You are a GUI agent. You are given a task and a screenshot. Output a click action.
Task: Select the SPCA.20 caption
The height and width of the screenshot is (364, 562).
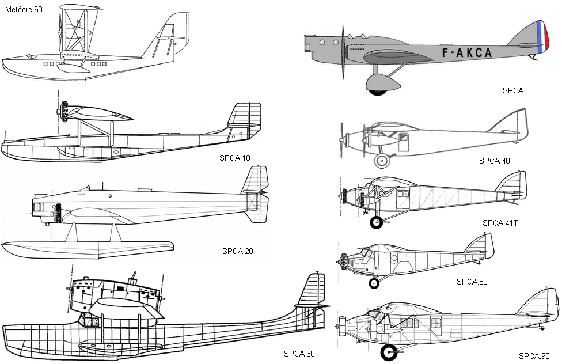click(238, 251)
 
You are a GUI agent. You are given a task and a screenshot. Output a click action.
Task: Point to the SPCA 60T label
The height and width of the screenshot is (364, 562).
click(301, 353)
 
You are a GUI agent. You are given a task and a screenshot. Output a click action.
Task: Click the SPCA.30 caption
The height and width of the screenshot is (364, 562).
click(518, 90)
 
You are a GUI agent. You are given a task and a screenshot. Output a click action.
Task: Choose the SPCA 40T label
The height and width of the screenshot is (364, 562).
click(496, 161)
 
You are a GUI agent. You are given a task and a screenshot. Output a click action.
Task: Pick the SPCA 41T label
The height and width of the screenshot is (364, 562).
click(500, 223)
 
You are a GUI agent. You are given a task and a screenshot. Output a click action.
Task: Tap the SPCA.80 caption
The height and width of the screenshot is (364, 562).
click(472, 282)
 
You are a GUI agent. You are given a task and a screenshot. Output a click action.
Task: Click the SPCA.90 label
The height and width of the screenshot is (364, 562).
click(534, 355)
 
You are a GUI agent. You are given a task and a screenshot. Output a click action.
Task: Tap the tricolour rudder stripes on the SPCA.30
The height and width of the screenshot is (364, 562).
click(540, 37)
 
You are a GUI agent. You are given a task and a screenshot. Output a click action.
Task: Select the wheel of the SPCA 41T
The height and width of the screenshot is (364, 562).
click(377, 222)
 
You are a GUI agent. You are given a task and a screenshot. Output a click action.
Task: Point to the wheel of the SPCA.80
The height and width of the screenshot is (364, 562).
click(374, 283)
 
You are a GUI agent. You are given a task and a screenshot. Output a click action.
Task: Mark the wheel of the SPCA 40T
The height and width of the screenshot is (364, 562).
click(381, 161)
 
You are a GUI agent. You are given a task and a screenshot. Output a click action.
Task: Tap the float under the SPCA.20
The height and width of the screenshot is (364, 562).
click(86, 250)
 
